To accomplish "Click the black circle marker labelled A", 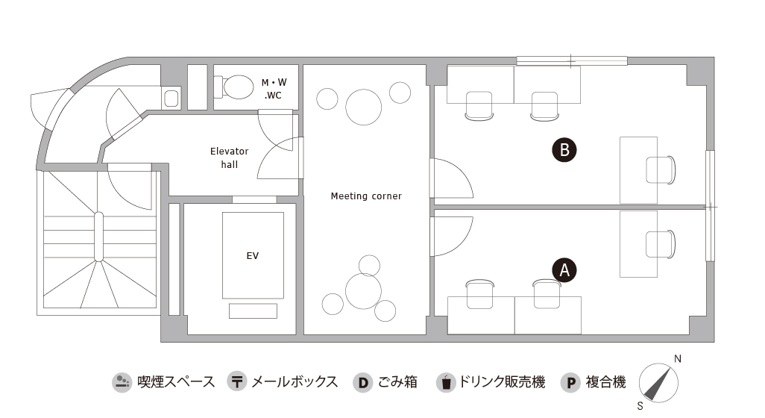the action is point(564,270).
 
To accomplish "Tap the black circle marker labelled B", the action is point(564,149).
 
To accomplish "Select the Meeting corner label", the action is point(366,196).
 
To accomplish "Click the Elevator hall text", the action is point(230,157).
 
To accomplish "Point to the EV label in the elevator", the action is point(252,255).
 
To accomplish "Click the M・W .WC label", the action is point(274,89).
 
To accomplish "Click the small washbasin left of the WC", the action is point(171,98).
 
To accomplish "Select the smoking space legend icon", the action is point(122,381).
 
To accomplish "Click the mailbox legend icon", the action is point(236,381).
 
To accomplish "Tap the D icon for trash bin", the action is point(362,382).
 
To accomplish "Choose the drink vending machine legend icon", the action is point(445,382).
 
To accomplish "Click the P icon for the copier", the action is point(570,382).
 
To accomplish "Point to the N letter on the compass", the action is point(677,359).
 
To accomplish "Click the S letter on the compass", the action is point(640,406).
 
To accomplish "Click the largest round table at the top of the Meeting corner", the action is point(363,107).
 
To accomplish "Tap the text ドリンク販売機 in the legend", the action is point(502,381).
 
